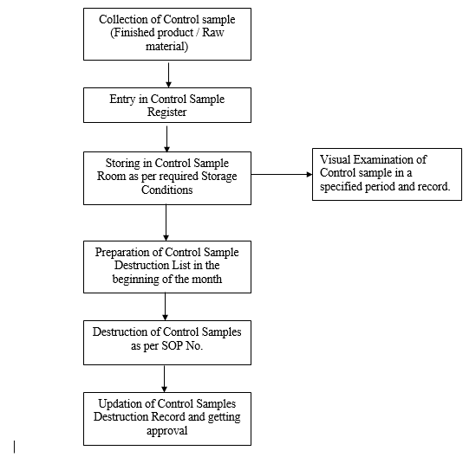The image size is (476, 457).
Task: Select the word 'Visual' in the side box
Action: (x=337, y=160)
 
